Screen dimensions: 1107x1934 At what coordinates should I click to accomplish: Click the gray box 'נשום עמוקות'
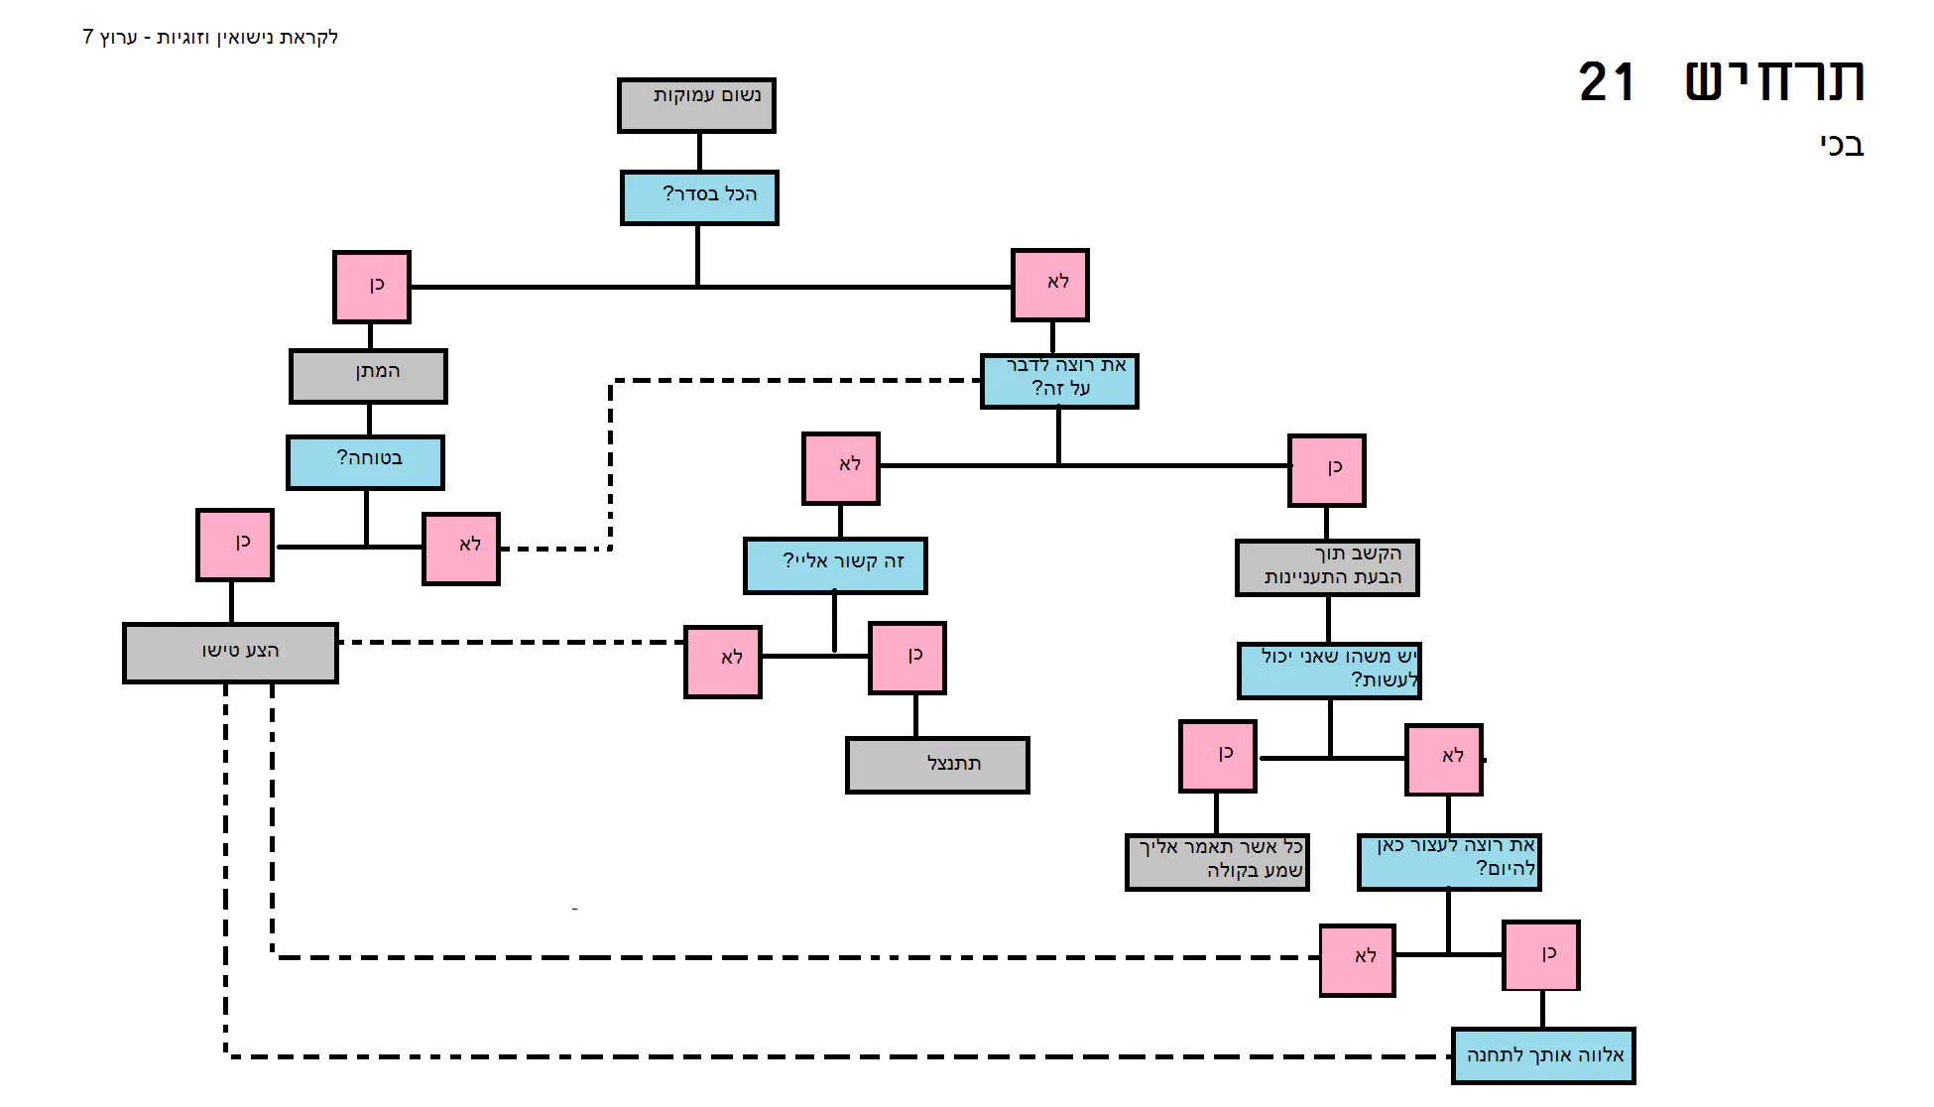(x=696, y=105)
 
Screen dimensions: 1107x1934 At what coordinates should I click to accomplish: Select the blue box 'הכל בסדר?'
(x=699, y=197)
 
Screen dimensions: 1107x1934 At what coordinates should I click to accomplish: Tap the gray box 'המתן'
(x=368, y=376)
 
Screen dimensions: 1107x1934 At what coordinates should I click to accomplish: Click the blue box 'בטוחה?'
(x=365, y=462)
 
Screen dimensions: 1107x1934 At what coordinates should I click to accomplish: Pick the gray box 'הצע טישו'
(x=230, y=653)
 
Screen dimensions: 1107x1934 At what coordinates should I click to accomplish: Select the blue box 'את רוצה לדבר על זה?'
(x=1059, y=381)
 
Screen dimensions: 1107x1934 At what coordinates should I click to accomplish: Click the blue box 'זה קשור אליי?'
(x=835, y=565)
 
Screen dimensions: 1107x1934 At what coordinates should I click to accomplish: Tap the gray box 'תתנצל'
(x=937, y=765)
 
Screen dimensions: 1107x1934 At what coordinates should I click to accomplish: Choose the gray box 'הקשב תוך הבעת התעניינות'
(x=1327, y=567)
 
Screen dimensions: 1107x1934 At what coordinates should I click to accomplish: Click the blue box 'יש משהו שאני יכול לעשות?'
(x=1329, y=670)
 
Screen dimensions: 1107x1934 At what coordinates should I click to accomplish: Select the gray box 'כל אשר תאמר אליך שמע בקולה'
(x=1217, y=861)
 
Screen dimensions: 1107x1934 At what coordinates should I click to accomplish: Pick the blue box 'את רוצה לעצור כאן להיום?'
(x=1448, y=861)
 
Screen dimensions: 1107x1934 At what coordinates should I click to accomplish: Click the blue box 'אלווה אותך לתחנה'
(x=1542, y=1055)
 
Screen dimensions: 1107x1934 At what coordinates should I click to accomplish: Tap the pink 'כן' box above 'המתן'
(x=372, y=287)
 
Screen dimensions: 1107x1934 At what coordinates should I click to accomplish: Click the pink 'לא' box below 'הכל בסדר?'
(x=1050, y=285)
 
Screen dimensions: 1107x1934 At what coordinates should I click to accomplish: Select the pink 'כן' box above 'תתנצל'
(x=907, y=658)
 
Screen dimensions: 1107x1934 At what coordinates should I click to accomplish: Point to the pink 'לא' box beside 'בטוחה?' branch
(x=461, y=549)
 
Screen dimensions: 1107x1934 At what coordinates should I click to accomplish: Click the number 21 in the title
(x=1606, y=82)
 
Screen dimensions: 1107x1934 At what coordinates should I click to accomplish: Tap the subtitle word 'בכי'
(x=1842, y=146)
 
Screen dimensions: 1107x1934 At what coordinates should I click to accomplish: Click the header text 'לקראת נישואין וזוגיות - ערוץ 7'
(x=210, y=38)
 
